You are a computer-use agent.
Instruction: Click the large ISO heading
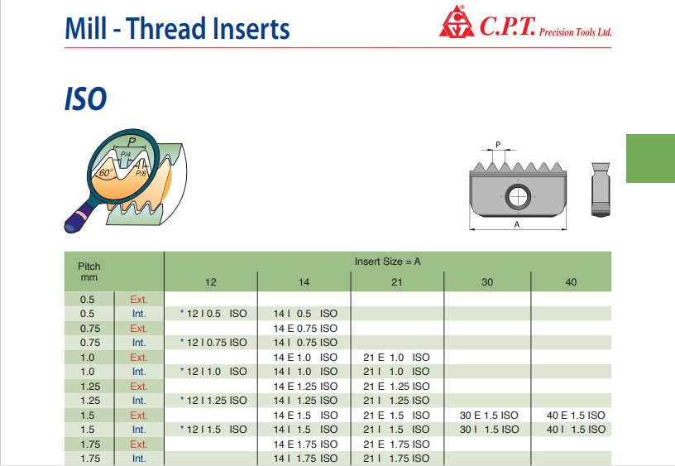point(86,99)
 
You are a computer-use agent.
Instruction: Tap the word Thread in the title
point(166,28)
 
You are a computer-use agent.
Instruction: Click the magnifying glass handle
point(79,216)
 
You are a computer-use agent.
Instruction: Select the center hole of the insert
point(518,197)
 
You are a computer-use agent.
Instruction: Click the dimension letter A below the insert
point(517,224)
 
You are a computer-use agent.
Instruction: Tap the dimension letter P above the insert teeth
point(498,145)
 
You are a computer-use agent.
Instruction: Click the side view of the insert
point(601,190)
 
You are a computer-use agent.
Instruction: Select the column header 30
point(487,282)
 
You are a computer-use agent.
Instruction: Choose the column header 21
point(397,282)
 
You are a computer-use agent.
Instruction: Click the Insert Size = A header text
point(387,262)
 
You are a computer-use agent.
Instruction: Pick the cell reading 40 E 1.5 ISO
point(576,416)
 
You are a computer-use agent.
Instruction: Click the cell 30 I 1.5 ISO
point(490,430)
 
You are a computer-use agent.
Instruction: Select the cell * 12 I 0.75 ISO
point(213,343)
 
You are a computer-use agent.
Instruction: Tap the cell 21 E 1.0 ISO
point(396,357)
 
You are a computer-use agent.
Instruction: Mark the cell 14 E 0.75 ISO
point(305,328)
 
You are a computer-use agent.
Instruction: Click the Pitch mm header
point(89,271)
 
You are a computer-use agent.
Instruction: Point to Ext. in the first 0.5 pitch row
point(139,300)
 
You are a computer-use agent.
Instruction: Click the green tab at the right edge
point(650,158)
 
